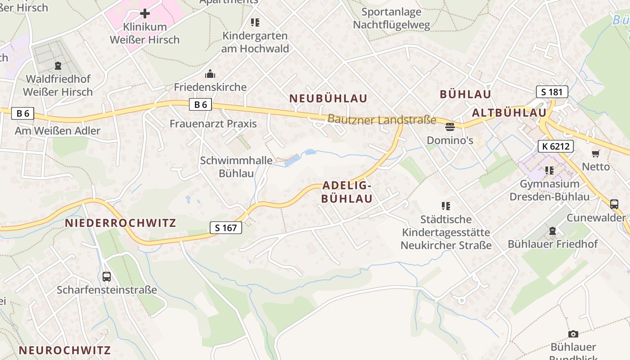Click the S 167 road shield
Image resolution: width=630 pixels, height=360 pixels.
226,228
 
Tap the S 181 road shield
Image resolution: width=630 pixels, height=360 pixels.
552,92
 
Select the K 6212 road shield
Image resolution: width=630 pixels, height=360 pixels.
556,146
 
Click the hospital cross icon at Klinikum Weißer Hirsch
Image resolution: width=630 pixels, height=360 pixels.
145,13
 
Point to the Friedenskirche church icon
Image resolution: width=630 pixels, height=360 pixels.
210,74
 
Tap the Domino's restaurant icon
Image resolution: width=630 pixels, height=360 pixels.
450,126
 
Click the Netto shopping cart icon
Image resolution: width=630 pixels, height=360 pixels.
596,153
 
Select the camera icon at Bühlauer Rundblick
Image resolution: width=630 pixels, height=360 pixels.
573,333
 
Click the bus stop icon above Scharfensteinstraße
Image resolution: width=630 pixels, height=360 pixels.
107,276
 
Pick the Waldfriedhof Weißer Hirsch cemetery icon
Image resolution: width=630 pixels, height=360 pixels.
58,66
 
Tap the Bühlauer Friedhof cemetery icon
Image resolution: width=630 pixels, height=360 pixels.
553,231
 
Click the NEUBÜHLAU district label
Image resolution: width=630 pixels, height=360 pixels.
328,98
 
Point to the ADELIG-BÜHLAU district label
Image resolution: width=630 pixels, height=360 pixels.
347,192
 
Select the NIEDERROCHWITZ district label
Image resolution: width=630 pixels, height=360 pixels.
121,223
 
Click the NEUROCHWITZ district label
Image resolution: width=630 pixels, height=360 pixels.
64,350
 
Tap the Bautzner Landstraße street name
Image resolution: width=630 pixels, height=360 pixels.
382,119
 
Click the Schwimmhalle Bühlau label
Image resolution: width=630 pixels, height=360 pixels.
236,166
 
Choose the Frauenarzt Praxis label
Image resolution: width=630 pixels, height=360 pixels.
213,124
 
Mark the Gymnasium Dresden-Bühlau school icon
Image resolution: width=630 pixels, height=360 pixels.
549,171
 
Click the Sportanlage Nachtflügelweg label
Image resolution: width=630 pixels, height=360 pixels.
391,18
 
